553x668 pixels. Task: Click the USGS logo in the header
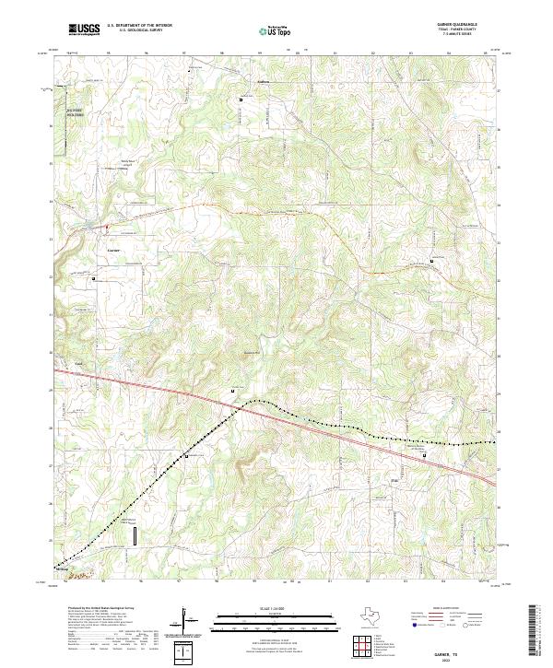coord(83,29)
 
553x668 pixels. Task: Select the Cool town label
coord(79,362)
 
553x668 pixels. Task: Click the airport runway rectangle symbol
coord(135,536)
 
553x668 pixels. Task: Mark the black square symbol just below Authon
coord(242,100)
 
